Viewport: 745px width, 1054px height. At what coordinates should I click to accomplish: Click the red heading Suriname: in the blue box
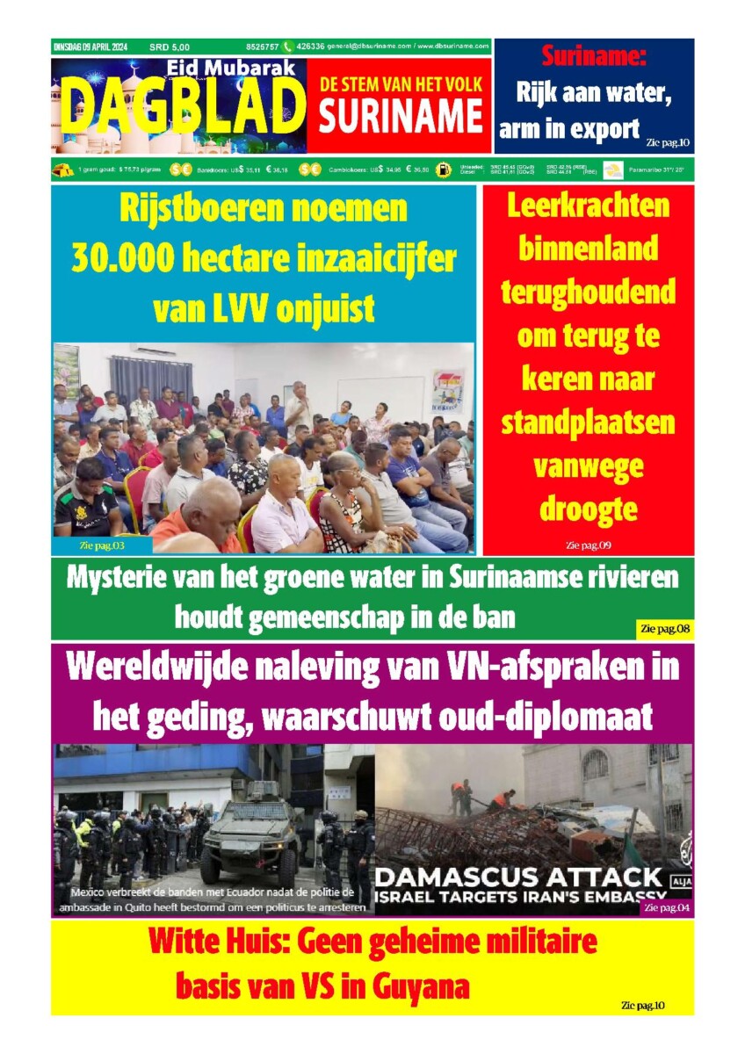click(593, 58)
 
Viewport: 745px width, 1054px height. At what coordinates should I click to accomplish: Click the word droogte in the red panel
click(588, 509)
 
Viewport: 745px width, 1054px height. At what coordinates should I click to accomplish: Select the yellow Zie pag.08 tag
click(664, 629)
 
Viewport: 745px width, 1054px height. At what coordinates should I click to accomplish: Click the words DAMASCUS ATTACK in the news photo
click(518, 877)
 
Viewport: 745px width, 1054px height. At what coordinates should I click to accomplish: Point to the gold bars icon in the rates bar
click(64, 170)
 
